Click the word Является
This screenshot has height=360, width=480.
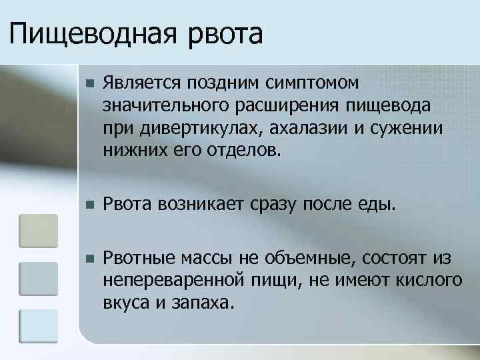click(x=143, y=85)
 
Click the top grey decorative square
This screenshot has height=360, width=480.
click(x=39, y=230)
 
